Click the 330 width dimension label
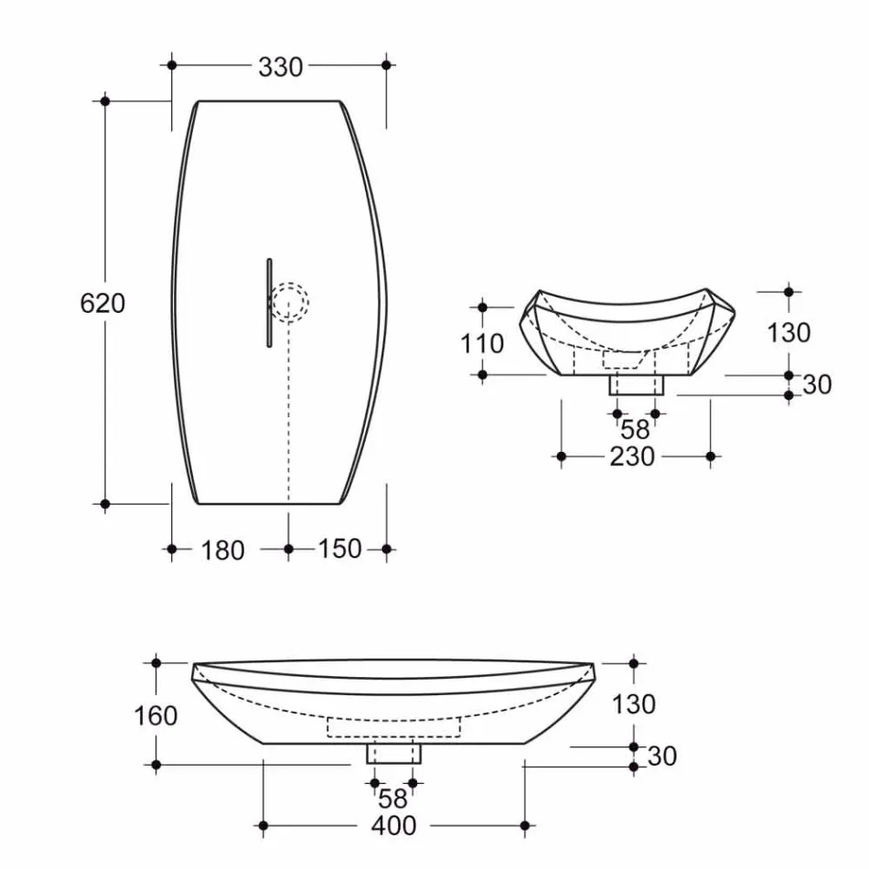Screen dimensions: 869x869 point(280,67)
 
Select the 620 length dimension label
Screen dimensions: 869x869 point(102,303)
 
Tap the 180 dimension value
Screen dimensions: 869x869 point(222,550)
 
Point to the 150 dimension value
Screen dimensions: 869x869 point(340,549)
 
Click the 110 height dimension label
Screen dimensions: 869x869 point(482,343)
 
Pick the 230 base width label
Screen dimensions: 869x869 point(632,456)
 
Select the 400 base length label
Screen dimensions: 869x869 point(393,826)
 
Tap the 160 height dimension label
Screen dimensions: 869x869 point(156,714)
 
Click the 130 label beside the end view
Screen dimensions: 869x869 point(789,332)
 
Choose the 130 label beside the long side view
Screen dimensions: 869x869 point(634,703)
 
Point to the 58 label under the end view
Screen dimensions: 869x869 point(634,428)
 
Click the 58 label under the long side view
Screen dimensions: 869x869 point(392,798)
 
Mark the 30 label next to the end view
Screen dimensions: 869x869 point(817,385)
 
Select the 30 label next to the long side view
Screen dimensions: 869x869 point(661,756)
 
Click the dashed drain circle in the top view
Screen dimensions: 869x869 point(290,302)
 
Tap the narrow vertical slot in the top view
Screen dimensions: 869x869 point(269,303)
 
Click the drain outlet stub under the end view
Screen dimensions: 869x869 point(636,384)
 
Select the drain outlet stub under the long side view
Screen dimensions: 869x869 point(394,753)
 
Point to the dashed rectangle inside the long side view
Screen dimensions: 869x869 point(393,727)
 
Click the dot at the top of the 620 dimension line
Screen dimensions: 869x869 point(106,101)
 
